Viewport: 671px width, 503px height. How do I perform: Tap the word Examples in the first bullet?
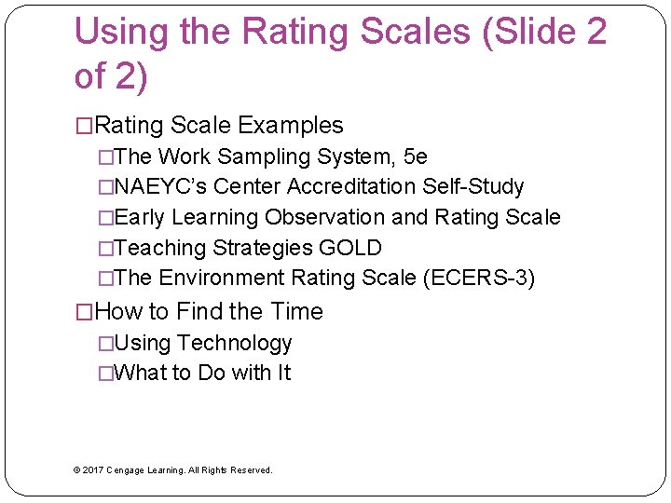pos(291,126)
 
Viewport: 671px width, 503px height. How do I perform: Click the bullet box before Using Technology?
pos(105,344)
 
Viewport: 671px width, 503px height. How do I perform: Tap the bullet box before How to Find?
pos(84,312)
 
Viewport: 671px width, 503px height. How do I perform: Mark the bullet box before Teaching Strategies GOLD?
pos(105,249)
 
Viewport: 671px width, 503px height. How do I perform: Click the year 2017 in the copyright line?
pos(93,470)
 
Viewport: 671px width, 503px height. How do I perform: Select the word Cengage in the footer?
pos(126,470)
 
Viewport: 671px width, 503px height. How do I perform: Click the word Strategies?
pos(260,249)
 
